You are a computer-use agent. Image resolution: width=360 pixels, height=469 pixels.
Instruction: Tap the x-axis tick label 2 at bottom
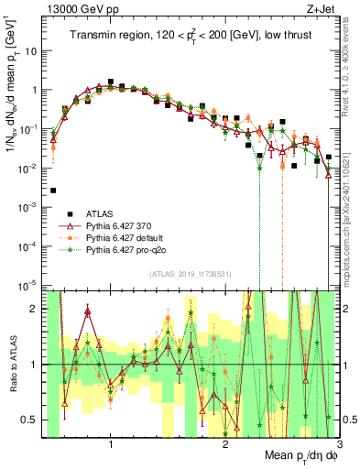225,444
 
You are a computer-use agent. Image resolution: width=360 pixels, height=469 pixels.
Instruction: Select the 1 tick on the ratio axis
34,365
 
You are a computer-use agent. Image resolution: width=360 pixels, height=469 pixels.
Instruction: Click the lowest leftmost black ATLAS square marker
54,191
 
